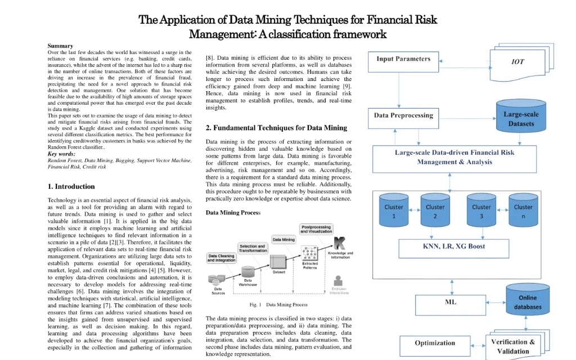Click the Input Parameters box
point(403,60)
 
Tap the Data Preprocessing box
point(403,116)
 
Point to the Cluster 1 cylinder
point(394,211)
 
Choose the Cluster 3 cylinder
point(481,211)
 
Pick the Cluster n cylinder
point(523,211)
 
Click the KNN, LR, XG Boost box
point(453,246)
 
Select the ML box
point(450,302)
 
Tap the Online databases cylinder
point(527,301)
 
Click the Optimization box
point(435,343)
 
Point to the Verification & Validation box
point(513,346)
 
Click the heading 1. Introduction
point(71,187)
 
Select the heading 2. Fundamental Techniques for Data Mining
point(276,128)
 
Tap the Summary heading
point(60,46)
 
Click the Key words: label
point(61,154)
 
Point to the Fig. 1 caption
point(278,305)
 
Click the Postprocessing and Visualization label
point(316,229)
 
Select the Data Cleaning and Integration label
point(222,258)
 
